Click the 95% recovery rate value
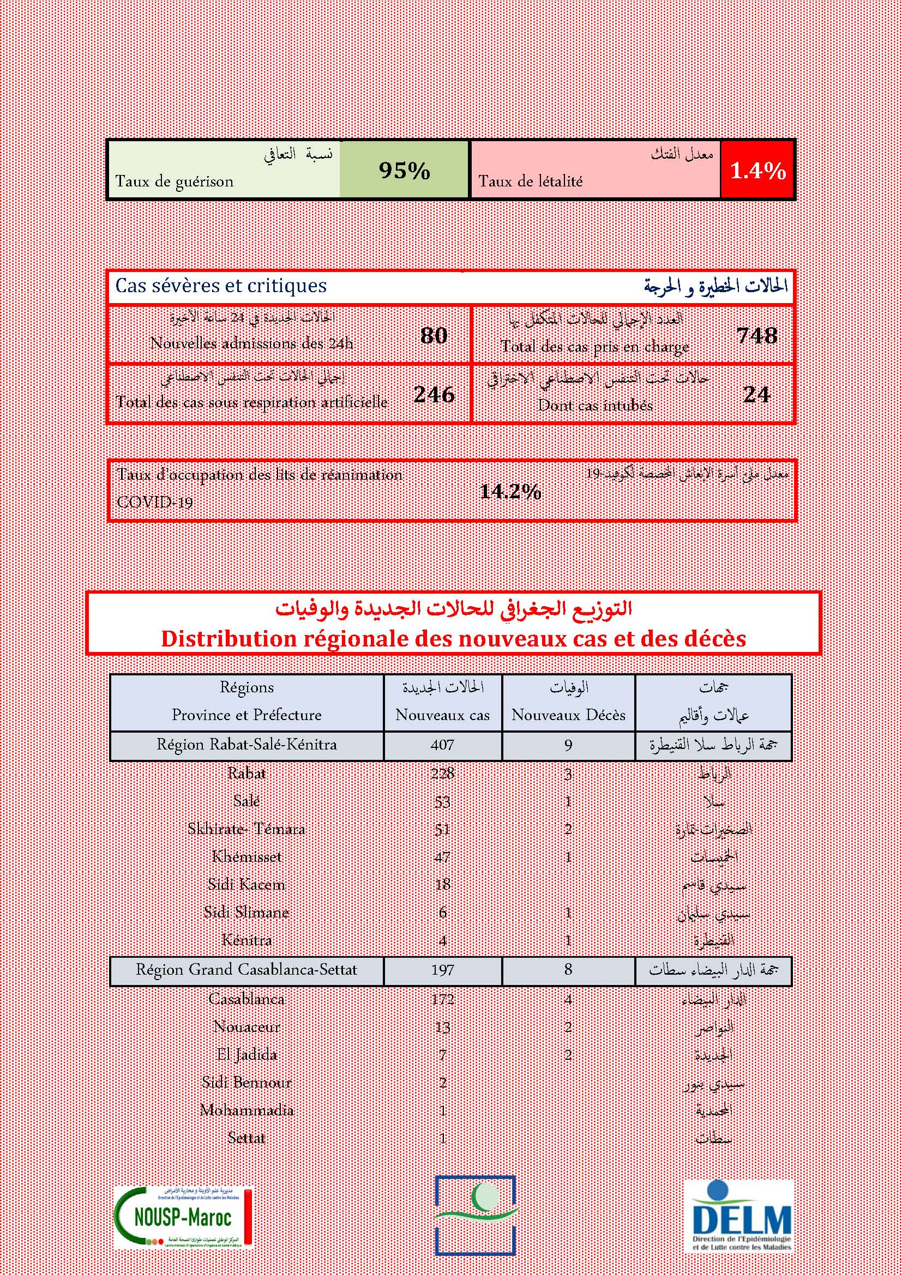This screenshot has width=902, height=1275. tap(404, 171)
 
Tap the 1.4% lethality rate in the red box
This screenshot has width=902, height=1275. tap(757, 171)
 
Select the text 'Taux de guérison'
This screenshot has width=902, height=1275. tap(175, 182)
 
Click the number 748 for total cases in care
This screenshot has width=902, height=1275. tap(757, 335)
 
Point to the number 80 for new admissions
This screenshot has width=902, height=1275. tap(434, 335)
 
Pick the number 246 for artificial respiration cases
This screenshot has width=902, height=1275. tap(434, 394)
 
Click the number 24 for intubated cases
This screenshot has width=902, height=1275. tap(756, 394)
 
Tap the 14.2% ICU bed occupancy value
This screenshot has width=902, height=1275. tap(510, 492)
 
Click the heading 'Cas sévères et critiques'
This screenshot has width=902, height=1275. tap(221, 286)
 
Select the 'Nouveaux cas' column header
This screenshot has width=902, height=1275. tap(443, 715)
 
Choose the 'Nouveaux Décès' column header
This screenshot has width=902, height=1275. tap(568, 715)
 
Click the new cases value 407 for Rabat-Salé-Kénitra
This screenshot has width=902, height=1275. tap(443, 745)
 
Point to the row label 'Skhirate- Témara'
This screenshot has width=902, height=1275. tap(246, 829)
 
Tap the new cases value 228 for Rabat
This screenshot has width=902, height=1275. tap(443, 773)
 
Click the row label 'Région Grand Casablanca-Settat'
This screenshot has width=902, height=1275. tap(246, 970)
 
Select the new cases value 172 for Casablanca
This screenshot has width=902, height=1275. tap(443, 1000)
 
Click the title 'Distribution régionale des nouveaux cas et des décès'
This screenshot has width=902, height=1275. tap(453, 639)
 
